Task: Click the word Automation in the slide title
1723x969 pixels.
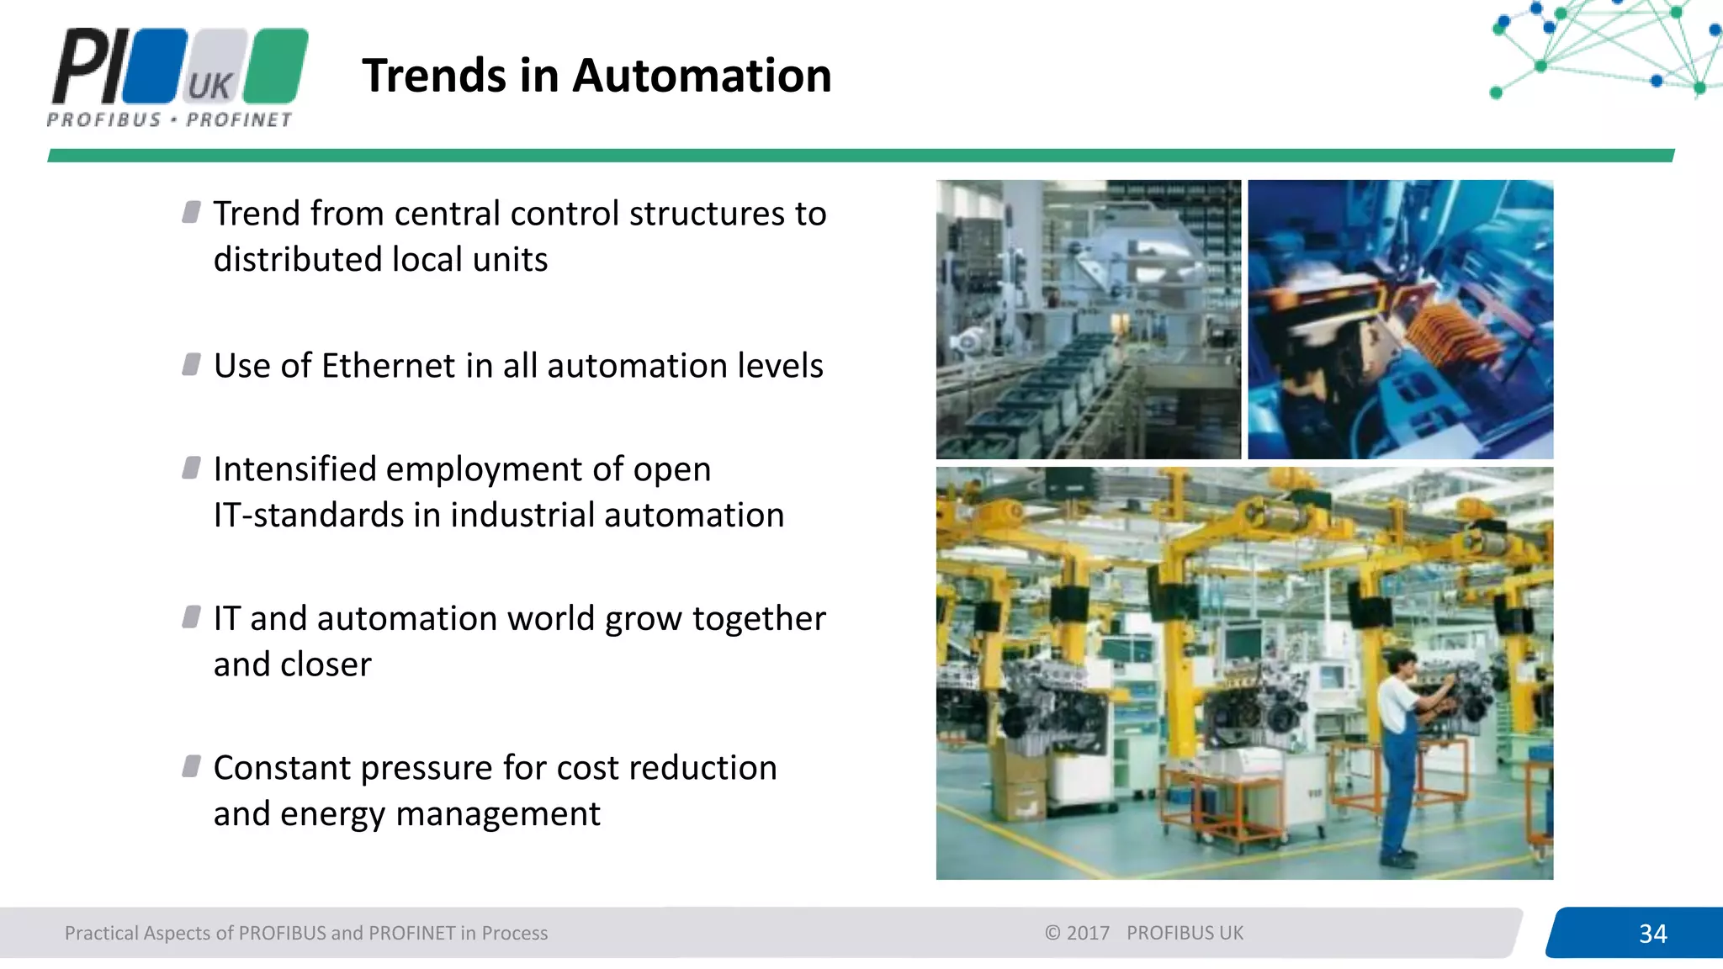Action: (702, 76)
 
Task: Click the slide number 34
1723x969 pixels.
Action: (1652, 933)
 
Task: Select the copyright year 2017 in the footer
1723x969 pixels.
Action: (1088, 933)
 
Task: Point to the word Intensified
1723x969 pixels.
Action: (294, 469)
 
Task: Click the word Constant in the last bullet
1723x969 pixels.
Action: (282, 768)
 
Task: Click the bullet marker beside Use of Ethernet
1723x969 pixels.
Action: (192, 365)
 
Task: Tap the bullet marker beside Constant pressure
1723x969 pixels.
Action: (192, 766)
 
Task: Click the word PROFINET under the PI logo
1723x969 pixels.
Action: (239, 120)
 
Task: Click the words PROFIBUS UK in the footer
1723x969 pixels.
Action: (1185, 933)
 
